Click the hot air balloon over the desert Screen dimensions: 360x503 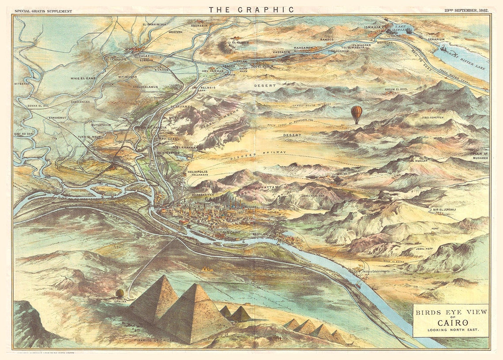357,114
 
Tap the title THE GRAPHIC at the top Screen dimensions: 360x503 251,9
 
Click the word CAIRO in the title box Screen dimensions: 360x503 450,322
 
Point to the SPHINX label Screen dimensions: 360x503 120,301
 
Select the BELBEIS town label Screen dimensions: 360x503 208,88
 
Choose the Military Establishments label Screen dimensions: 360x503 376,271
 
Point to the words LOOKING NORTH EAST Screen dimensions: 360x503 450,330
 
